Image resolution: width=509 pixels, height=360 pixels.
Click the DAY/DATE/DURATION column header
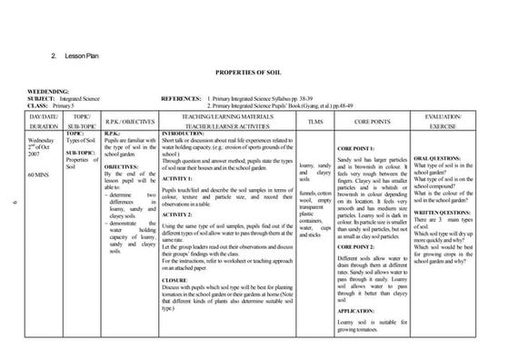point(44,120)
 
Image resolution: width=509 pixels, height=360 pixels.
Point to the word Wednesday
point(43,141)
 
